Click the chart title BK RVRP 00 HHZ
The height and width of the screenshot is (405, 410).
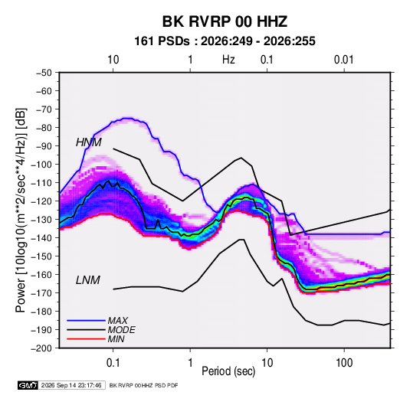(225, 21)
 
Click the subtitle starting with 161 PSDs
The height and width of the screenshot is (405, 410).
(225, 41)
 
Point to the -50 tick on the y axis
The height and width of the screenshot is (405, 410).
(44, 73)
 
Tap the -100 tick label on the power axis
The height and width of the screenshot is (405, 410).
(41, 165)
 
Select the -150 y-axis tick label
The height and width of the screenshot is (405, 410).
(41, 256)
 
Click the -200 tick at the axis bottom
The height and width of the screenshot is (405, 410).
(41, 348)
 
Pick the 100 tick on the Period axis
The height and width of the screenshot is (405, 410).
(344, 363)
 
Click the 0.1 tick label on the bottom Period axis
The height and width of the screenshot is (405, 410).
(113, 363)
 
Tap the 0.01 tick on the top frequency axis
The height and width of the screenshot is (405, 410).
(343, 60)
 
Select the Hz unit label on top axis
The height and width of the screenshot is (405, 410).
(228, 60)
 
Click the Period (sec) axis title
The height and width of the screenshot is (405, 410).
(228, 371)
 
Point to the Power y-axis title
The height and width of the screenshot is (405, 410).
(21, 210)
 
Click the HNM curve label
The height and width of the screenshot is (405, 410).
(89, 142)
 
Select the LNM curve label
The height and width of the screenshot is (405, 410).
(88, 280)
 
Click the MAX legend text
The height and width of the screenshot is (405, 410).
(118, 321)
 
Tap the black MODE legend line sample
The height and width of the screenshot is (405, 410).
(86, 330)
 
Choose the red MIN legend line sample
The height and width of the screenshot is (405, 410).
(86, 339)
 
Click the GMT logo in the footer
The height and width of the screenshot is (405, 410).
(28, 385)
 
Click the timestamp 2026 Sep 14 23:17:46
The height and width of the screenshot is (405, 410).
(71, 385)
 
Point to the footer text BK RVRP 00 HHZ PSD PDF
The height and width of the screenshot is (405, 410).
(143, 385)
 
